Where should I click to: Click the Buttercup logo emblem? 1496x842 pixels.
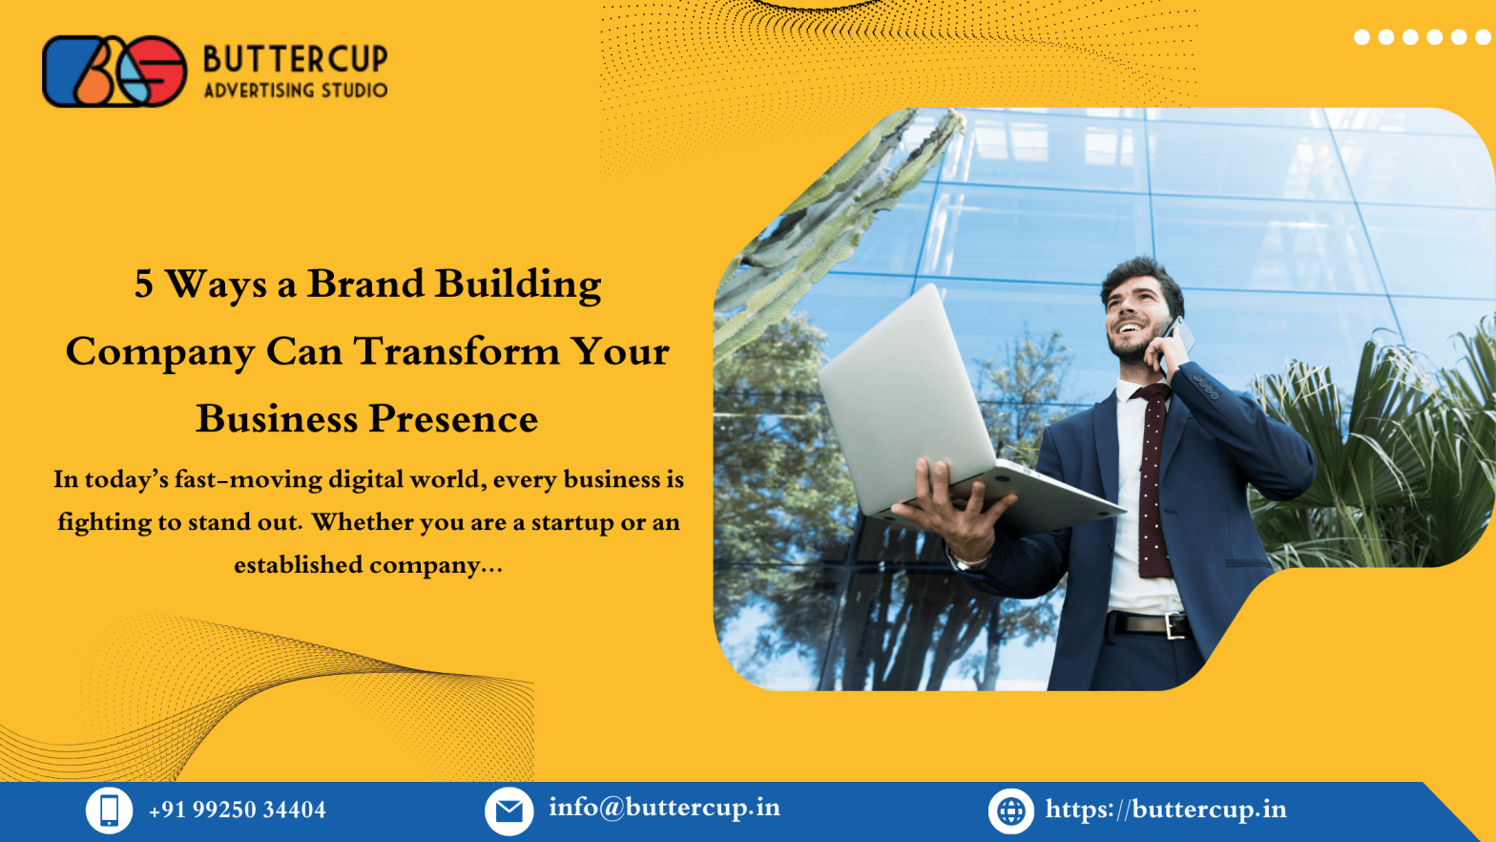tap(114, 72)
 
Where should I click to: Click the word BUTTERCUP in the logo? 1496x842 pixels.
tap(295, 59)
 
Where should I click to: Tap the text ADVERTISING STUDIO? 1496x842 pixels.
tap(295, 91)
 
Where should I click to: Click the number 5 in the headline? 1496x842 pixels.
tap(143, 284)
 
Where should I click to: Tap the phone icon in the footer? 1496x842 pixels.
tap(109, 810)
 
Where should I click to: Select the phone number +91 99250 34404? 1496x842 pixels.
tap(238, 810)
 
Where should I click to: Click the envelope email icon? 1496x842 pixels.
tap(509, 811)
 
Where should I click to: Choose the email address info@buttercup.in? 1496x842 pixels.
tap(664, 809)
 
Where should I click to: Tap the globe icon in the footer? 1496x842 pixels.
tap(1010, 811)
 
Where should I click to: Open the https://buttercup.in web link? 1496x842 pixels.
tap(1166, 810)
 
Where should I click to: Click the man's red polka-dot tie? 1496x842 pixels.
tap(1153, 477)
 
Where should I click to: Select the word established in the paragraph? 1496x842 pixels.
tap(298, 565)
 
